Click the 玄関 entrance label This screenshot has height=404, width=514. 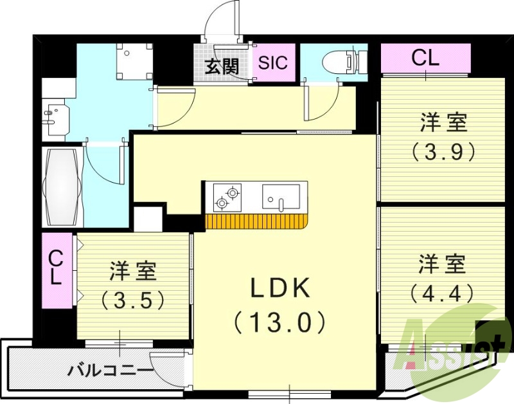[222, 66]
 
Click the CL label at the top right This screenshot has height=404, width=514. [425, 59]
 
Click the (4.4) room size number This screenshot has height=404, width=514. [443, 293]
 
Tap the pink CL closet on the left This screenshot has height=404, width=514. [57, 270]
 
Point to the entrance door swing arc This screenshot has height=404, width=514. [218, 19]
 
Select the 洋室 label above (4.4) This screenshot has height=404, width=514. [443, 263]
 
